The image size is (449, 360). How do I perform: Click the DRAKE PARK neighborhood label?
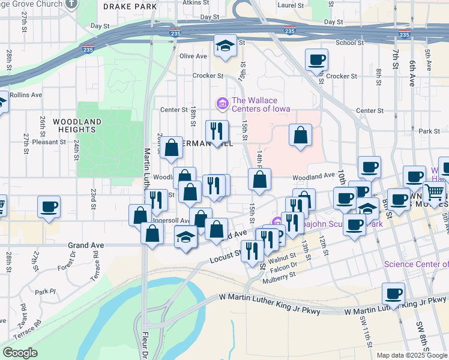pos(130,7)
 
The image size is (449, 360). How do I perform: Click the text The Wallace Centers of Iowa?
pos(261,104)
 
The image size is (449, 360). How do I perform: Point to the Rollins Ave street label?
pos(26,95)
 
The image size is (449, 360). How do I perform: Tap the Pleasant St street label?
pos(49,142)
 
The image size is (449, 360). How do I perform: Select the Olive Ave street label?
pos(193,56)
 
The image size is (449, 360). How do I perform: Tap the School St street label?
pos(346,43)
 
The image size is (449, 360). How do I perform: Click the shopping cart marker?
pos(434,193)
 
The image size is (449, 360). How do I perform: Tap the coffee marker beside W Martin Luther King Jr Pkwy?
pos(394,293)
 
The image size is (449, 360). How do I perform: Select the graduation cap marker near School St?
pos(225,46)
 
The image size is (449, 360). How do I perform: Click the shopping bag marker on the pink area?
pos(300,135)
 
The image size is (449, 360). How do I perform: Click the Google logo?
pos(20,353)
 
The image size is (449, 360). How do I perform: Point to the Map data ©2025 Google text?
pos(411,355)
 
